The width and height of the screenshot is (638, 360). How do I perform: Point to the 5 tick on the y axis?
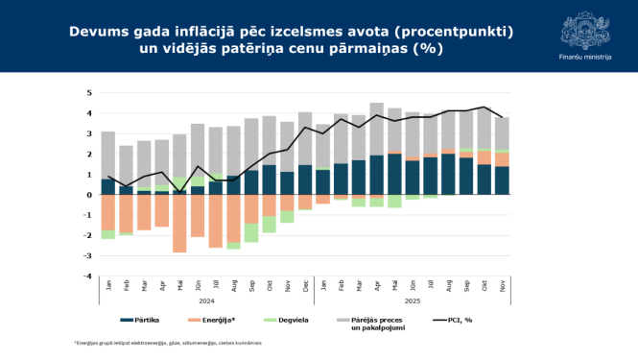(x=89, y=93)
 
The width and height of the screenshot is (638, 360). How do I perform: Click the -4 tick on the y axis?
(x=87, y=276)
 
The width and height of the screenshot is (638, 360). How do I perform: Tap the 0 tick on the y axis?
(x=89, y=195)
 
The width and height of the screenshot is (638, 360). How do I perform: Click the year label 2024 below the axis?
(x=206, y=300)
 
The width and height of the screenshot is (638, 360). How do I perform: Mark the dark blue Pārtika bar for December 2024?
(x=305, y=180)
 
